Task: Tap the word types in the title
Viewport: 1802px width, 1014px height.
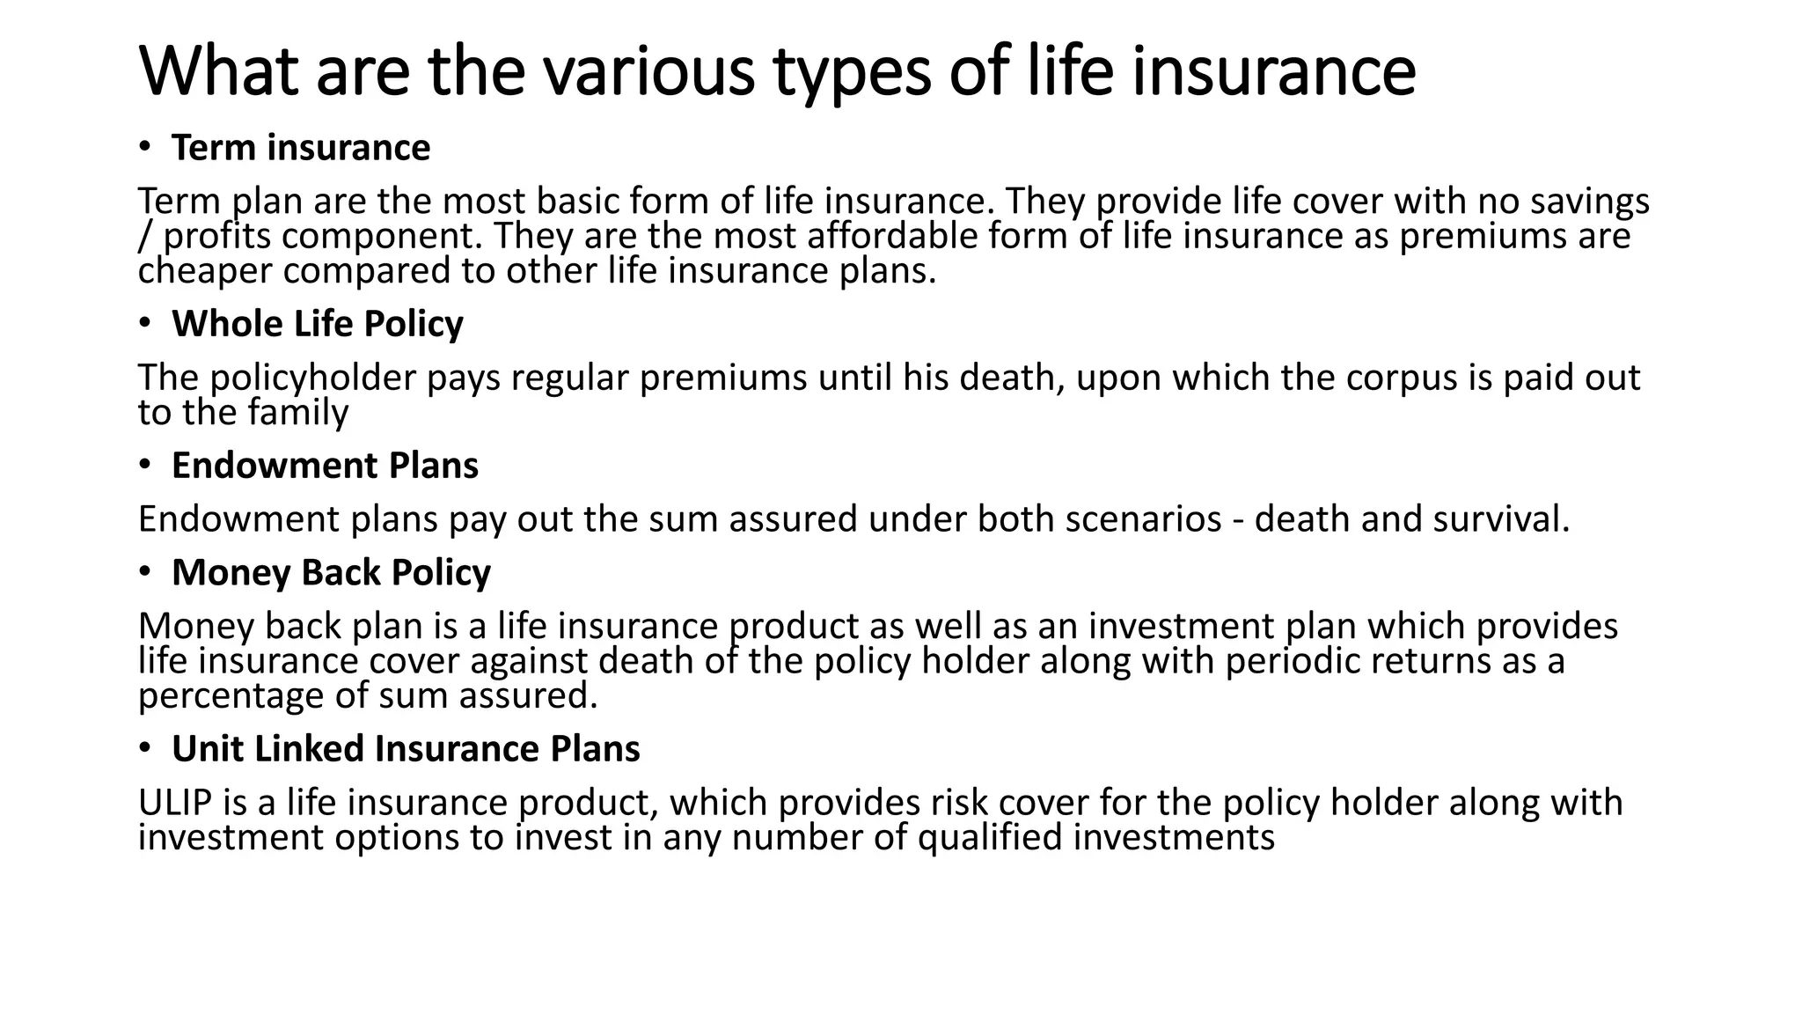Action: [x=852, y=72]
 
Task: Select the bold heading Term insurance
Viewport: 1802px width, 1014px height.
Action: [x=301, y=148]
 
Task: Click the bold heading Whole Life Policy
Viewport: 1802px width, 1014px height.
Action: [x=317, y=324]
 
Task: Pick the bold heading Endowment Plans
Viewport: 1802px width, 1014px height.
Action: [x=325, y=466]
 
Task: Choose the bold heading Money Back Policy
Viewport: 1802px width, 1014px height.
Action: [x=331, y=572]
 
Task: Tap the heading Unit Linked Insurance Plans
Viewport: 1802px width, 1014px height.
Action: [x=406, y=749]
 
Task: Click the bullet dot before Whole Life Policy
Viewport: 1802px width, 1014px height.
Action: [x=144, y=323]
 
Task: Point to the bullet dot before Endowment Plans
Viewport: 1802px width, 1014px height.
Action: [x=144, y=465]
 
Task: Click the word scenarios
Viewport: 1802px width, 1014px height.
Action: [x=1143, y=519]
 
